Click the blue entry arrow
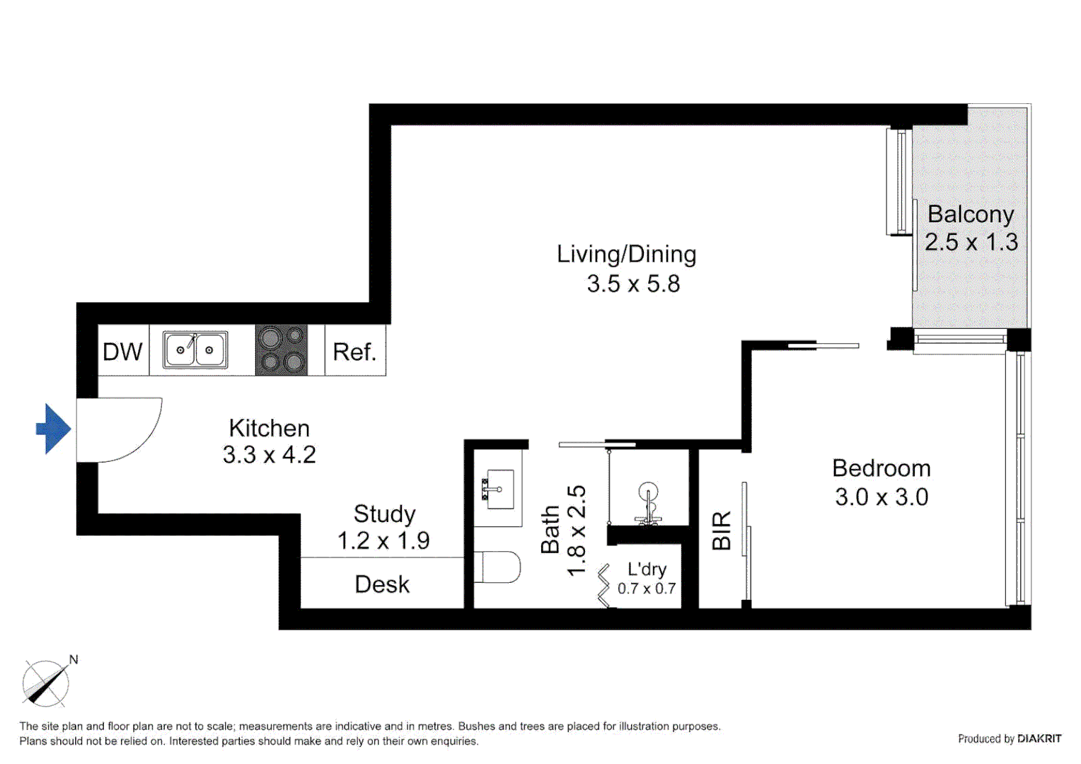(x=53, y=429)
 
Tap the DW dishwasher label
(x=122, y=352)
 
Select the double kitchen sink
(x=195, y=349)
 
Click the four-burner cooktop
(x=282, y=350)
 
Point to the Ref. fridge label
(x=354, y=352)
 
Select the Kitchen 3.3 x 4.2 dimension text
(x=269, y=455)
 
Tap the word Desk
(x=382, y=584)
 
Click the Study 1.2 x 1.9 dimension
(x=383, y=541)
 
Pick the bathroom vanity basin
(x=497, y=489)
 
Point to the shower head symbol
(x=648, y=493)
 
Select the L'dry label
(x=647, y=569)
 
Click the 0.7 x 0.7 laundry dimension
(x=646, y=589)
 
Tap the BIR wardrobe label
(x=722, y=531)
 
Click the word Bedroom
(x=881, y=468)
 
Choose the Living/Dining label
(x=626, y=254)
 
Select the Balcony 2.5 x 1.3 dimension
(x=971, y=242)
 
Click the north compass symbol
(x=46, y=683)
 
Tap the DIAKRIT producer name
(x=1039, y=739)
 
